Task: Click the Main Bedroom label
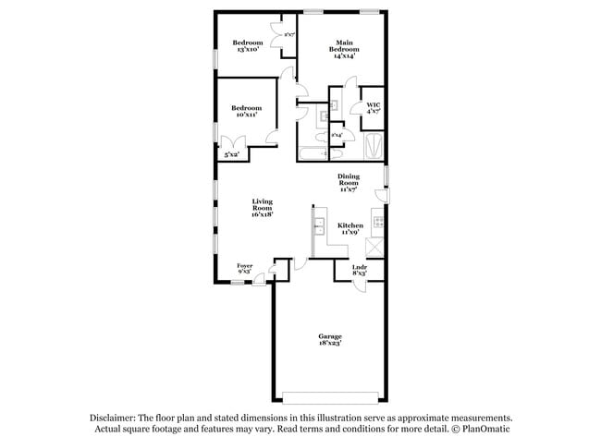point(344,48)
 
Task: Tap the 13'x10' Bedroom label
point(247,47)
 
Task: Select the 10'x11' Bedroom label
point(246,112)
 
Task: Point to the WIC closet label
point(373,107)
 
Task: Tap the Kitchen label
point(350,228)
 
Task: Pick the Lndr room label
point(360,271)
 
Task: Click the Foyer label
point(245,269)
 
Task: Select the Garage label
point(330,339)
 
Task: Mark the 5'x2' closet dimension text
point(231,154)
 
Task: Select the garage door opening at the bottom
point(330,398)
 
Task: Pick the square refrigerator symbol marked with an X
point(375,248)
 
